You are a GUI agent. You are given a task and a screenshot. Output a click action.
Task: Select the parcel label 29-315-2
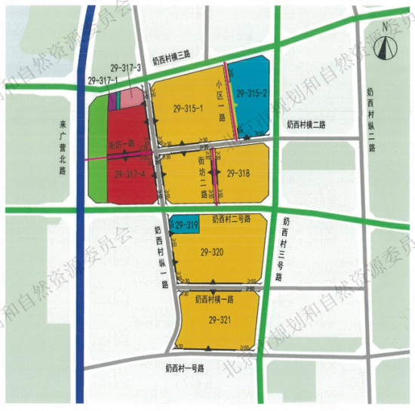click(x=252, y=93)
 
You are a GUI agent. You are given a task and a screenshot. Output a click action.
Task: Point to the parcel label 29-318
click(x=237, y=173)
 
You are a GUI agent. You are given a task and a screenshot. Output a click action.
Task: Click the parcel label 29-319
click(x=186, y=224)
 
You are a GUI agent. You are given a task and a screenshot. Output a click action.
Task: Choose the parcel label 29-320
click(x=217, y=253)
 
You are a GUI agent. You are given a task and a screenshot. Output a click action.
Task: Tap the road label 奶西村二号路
click(x=231, y=219)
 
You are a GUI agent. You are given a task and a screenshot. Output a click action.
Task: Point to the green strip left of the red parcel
click(x=99, y=151)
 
